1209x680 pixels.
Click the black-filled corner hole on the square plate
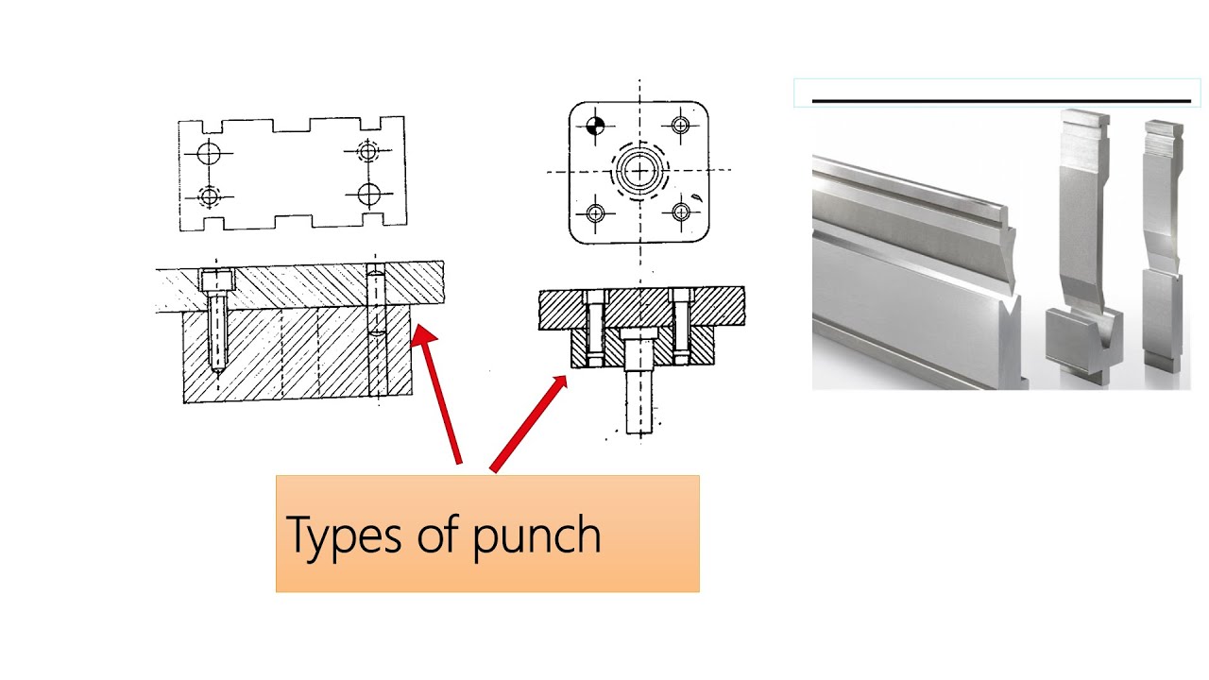[595, 127]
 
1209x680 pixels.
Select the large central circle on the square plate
[640, 171]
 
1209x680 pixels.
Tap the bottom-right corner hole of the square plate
[683, 211]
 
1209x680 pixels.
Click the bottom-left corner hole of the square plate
[595, 212]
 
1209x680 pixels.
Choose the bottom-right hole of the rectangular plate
[368, 194]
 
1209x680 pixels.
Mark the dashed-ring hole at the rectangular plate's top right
[369, 149]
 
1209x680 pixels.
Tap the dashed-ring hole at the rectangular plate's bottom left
[209, 195]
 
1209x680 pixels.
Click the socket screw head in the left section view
[217, 280]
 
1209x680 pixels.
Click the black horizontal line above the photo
[1001, 100]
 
